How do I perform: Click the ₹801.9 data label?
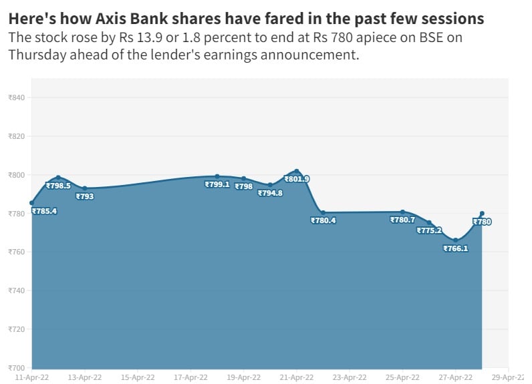tap(297, 179)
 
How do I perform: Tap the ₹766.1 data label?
tap(455, 248)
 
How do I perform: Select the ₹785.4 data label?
tap(44, 211)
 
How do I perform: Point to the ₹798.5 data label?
tap(58, 186)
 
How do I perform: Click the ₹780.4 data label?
tap(323, 220)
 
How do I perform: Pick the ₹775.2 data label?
tap(429, 230)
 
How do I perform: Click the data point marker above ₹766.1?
tap(455, 240)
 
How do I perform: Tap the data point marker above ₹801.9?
tap(297, 171)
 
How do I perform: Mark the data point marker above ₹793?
tap(85, 188)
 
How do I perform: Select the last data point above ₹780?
tap(482, 213)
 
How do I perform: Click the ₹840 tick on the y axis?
tap(16, 98)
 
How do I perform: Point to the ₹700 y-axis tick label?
tap(16, 368)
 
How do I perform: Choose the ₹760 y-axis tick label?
tap(16, 252)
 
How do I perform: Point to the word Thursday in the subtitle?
tap(36, 55)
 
